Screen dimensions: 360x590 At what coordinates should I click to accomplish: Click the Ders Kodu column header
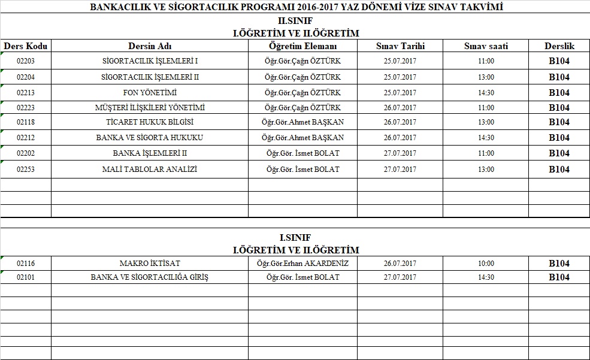(26, 46)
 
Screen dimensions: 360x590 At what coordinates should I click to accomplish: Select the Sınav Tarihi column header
(400, 46)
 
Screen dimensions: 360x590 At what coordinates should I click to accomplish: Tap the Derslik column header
(559, 46)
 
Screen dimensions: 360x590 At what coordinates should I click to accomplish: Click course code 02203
(26, 61)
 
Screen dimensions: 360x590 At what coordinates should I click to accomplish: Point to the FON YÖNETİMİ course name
(150, 93)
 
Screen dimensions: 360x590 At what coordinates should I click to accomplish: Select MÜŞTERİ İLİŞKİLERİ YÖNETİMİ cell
(150, 108)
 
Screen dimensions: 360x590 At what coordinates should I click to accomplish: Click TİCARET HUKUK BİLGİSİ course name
(150, 122)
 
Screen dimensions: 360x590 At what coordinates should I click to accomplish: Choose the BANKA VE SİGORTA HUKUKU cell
(150, 138)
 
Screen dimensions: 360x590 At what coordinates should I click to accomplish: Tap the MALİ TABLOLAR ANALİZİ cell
(150, 170)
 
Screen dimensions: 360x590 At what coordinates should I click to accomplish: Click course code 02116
(26, 264)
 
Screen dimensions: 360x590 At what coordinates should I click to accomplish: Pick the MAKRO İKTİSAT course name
(150, 264)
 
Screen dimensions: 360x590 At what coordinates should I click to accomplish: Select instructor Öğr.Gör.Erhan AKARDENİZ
(302, 264)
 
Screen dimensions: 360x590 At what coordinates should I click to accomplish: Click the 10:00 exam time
(486, 264)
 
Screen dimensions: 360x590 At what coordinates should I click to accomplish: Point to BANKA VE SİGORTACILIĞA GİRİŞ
(150, 277)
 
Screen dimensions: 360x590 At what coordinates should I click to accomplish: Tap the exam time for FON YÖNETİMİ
(486, 93)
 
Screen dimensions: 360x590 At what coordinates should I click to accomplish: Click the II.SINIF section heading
(295, 22)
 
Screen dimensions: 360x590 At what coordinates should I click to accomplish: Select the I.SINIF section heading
(295, 238)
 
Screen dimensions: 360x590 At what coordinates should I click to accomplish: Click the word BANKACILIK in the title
(116, 7)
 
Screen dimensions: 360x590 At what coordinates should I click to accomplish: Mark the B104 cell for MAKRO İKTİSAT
(559, 264)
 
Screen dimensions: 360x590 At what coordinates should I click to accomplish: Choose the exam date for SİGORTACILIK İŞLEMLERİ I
(400, 61)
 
